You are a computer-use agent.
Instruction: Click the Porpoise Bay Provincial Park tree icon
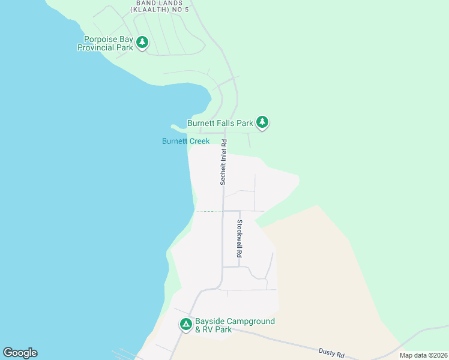pos(142,42)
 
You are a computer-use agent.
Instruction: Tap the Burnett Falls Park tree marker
pos(262,122)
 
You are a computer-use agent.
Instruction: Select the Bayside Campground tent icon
pos(186,325)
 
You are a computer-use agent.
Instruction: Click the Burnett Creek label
pos(185,142)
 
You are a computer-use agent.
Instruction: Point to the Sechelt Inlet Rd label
pos(223,162)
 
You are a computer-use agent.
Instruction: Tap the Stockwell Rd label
pos(239,239)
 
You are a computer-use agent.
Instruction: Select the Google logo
pos(20,353)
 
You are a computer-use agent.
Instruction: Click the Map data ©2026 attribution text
pos(423,355)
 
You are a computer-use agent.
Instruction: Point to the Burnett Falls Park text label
pos(220,123)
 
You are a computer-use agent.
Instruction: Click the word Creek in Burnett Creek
pos(199,142)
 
